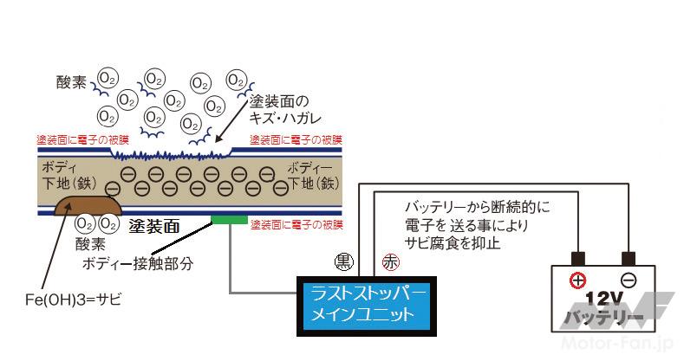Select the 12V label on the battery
[x=603, y=300]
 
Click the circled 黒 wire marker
[x=343, y=259]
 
